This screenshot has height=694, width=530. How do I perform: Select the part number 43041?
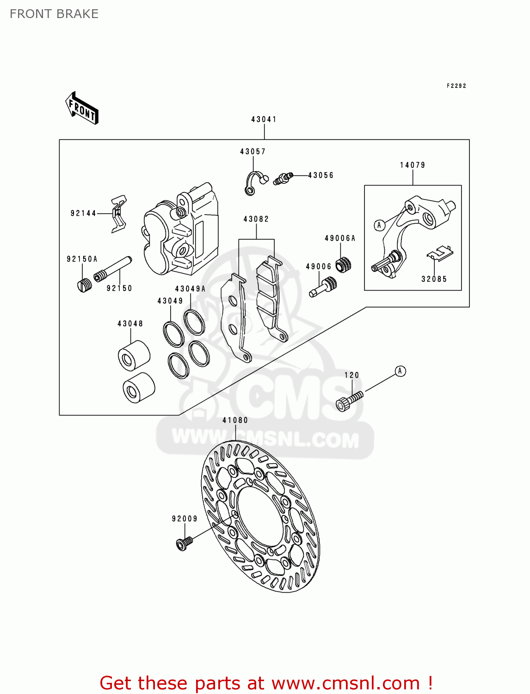pyautogui.click(x=264, y=119)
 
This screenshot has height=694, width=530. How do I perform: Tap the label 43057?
pyautogui.click(x=253, y=152)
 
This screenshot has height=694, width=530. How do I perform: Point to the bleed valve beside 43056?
pyautogui.click(x=282, y=178)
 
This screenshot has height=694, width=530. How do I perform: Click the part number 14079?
pyautogui.click(x=412, y=165)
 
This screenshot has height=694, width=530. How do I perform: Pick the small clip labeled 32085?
pyautogui.click(x=439, y=253)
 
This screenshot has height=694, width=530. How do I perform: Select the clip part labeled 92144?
pyautogui.click(x=119, y=214)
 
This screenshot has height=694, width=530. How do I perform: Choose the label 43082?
pyautogui.click(x=256, y=219)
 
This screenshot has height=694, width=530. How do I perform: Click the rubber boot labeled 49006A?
pyautogui.click(x=343, y=264)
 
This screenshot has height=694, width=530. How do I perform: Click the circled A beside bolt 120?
pyautogui.click(x=400, y=371)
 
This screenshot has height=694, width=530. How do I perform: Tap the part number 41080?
pyautogui.click(x=235, y=420)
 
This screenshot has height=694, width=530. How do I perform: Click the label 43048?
pyautogui.click(x=130, y=324)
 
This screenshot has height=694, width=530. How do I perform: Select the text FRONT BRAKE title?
pyautogui.click(x=54, y=14)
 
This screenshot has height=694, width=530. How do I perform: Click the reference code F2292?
pyautogui.click(x=456, y=86)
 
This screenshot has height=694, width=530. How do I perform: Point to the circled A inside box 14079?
pyautogui.click(x=379, y=225)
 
